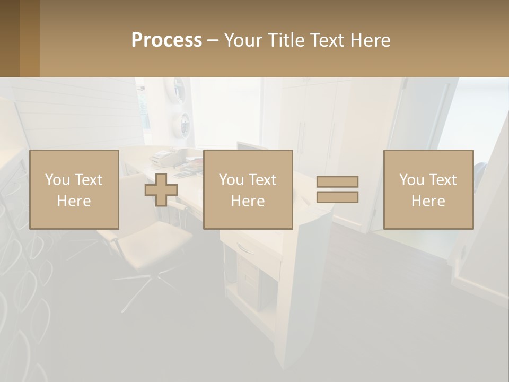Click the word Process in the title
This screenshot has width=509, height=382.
[x=166, y=40]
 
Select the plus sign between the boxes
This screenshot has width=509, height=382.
[x=161, y=190]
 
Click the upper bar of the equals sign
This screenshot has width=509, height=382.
[x=337, y=182]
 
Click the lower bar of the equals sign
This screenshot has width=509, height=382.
[x=337, y=197]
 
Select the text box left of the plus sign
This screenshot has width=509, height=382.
[x=74, y=189]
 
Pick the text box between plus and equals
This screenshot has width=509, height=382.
[x=248, y=189]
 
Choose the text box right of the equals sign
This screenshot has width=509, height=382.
[x=428, y=189]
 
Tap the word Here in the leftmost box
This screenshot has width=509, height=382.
[x=74, y=201]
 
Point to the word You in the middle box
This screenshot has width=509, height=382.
[x=231, y=180]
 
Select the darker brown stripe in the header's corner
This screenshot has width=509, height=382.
[x=10, y=38]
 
